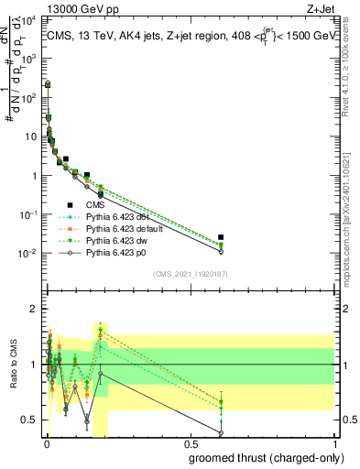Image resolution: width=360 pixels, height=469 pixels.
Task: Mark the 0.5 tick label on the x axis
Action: (189, 443)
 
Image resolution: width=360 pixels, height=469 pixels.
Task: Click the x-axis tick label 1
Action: (333, 443)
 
